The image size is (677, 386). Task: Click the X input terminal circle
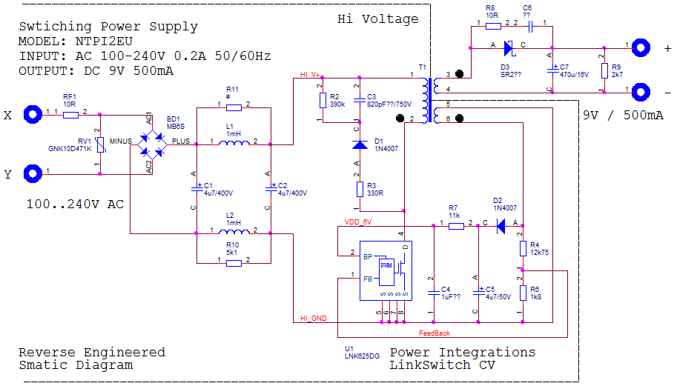click(33, 114)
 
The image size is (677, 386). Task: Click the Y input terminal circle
click(33, 174)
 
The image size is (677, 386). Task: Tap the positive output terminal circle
click(640, 46)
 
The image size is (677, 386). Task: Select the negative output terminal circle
click(640, 91)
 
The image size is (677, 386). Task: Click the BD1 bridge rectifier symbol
click(149, 142)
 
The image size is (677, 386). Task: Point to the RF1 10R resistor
click(70, 114)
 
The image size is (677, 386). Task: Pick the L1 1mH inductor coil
click(234, 142)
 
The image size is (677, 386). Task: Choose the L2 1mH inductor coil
click(234, 233)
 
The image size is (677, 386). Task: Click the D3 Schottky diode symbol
click(509, 48)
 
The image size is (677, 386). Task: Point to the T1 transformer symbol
click(426, 96)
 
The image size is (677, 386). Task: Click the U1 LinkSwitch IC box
click(386, 271)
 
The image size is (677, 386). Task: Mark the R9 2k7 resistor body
click(604, 71)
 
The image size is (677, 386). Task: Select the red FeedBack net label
click(434, 333)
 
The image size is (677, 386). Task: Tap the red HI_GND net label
click(314, 318)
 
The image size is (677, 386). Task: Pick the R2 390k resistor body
click(321, 100)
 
